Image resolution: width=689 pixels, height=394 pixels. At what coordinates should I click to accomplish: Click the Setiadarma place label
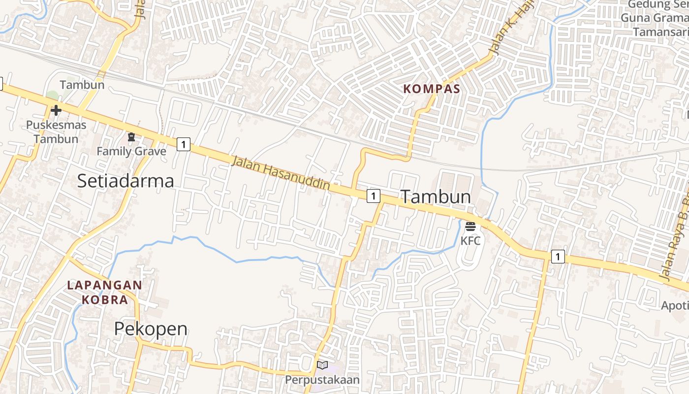125,181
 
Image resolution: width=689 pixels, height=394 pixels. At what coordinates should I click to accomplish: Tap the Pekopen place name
151,328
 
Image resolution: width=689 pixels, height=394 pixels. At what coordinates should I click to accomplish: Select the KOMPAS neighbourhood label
432,89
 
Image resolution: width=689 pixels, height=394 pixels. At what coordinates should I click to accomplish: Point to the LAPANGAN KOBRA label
104,292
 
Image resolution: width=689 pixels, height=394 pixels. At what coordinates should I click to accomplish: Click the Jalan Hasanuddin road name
281,173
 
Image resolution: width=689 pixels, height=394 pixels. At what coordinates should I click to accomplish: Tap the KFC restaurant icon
470,227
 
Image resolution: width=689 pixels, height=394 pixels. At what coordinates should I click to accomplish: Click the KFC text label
470,241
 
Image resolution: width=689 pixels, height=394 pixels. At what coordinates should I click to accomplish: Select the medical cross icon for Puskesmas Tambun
56,110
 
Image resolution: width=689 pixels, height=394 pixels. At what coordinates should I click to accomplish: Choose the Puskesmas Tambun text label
56,131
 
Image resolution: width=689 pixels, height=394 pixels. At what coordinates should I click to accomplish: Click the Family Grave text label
131,151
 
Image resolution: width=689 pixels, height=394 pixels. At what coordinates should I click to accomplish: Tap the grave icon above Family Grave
131,137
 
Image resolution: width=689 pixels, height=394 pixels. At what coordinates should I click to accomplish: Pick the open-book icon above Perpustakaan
322,365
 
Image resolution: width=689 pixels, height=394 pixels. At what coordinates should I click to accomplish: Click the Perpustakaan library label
322,380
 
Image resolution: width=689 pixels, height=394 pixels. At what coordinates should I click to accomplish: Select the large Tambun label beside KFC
436,197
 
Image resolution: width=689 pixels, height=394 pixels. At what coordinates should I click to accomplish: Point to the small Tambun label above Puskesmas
82,85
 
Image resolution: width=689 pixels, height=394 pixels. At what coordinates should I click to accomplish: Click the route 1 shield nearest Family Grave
183,144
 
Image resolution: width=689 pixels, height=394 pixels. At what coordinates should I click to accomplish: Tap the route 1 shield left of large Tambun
374,196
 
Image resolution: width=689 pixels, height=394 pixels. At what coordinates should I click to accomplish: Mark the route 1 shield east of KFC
558,257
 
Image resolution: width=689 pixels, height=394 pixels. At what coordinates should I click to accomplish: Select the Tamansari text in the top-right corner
659,32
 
